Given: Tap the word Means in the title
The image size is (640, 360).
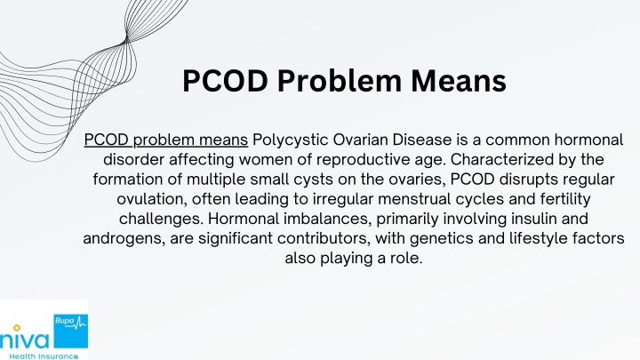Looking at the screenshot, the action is point(459,81).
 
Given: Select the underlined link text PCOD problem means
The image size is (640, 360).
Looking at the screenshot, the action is point(165,140).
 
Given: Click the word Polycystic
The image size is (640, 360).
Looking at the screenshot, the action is point(290,140).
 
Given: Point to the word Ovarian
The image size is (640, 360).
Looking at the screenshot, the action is point(360,140).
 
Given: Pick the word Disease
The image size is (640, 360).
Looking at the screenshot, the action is point(422,140).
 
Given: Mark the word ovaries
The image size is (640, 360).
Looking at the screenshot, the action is point(416,180).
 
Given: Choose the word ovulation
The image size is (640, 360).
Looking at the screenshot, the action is point(152,199).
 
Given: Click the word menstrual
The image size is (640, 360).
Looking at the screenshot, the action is point(414,199).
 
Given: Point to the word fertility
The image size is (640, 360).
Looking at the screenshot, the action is point(565,199).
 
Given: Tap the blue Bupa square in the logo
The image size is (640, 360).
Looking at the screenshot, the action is point(70,331).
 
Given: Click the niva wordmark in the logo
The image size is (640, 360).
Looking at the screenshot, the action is point(25,339).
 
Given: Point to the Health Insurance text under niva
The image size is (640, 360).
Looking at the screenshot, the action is point(44,356).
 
